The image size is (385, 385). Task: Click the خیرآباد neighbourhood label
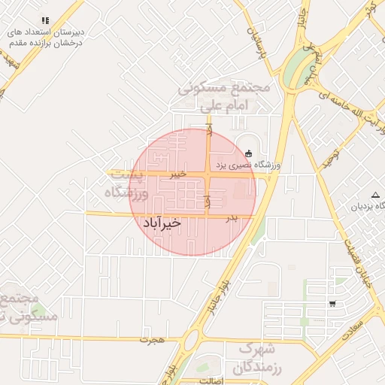tap(161, 223)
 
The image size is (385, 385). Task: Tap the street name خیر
tap(176, 174)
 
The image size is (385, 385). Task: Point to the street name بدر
tap(232, 218)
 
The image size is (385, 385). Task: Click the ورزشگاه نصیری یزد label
tap(249, 165)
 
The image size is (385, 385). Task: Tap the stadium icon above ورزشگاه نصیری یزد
tap(249, 153)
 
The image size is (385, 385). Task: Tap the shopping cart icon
tap(332, 304)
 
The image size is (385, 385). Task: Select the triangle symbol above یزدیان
tap(375, 195)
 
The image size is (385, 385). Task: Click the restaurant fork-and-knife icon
tap(44, 20)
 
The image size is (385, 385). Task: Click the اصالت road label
tap(211, 381)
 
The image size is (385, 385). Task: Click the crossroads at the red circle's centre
tap(208, 175)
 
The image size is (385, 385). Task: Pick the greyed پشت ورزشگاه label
tap(126, 184)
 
